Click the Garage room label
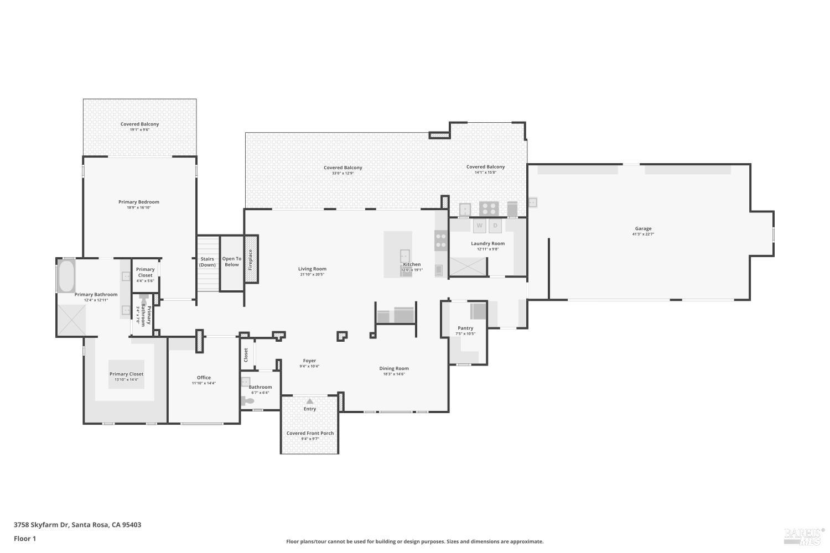pyautogui.click(x=643, y=228)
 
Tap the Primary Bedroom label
pyautogui.click(x=139, y=202)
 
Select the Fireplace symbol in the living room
pyautogui.click(x=251, y=259)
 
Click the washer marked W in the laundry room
pyautogui.click(x=479, y=226)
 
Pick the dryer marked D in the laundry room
pyautogui.click(x=495, y=226)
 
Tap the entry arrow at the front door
pyautogui.click(x=310, y=401)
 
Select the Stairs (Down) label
pyautogui.click(x=207, y=262)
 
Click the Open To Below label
pyautogui.click(x=232, y=262)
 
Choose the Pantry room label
pyautogui.click(x=465, y=328)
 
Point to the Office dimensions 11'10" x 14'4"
pyautogui.click(x=204, y=383)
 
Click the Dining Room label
pyautogui.click(x=394, y=368)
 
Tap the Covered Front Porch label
pyautogui.click(x=310, y=433)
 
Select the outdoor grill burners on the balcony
pyautogui.click(x=489, y=208)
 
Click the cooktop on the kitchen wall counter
pyautogui.click(x=441, y=239)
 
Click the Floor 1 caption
pyautogui.click(x=25, y=539)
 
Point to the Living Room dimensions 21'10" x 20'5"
pyautogui.click(x=312, y=274)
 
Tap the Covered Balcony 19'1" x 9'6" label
pyautogui.click(x=139, y=129)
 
